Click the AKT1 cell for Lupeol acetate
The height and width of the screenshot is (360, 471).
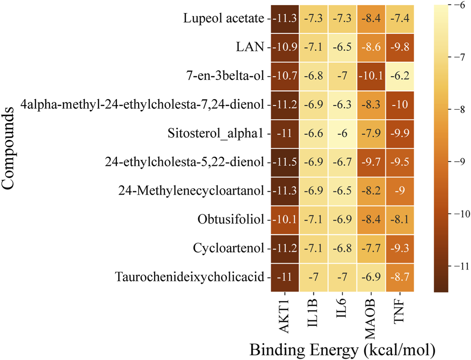[x=285, y=18]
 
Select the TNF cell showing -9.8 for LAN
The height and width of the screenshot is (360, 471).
[x=400, y=47]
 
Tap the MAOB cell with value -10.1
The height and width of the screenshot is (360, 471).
[x=371, y=76]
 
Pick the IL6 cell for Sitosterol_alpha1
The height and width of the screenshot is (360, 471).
[x=342, y=133]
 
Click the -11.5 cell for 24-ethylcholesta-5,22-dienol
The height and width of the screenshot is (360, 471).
[x=285, y=162]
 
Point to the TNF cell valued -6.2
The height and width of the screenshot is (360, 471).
[x=400, y=76]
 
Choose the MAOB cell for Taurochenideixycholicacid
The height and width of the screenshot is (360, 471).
[x=371, y=277]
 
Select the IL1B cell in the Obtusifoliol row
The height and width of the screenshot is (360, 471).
[x=314, y=220]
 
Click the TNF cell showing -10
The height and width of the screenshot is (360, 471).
[x=400, y=104]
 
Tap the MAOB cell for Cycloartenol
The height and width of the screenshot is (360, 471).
[x=371, y=248]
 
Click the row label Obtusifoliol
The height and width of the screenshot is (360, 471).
[x=231, y=220]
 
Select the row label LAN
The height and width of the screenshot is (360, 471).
[x=250, y=47]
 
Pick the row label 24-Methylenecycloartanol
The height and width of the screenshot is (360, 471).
[x=191, y=191]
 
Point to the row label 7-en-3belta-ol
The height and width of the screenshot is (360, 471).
[x=225, y=76]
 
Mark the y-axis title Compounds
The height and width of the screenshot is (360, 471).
[x=8, y=148]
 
